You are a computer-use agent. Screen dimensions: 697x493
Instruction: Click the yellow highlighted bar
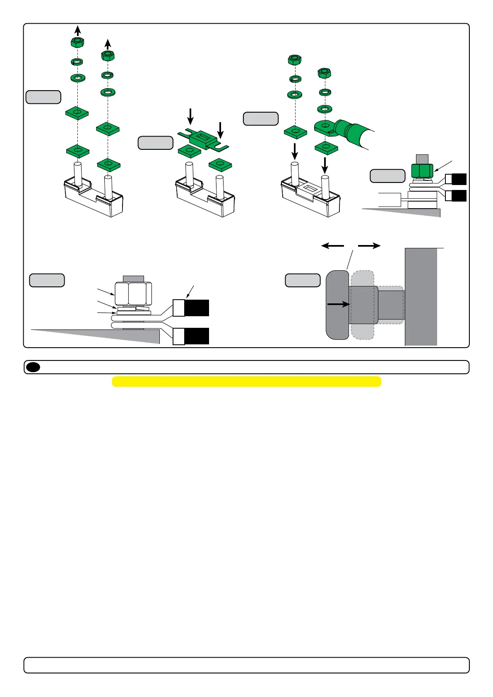tap(246, 381)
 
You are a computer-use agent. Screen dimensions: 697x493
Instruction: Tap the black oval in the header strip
tap(33, 367)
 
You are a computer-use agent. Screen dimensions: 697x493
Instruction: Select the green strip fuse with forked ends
tap(203, 139)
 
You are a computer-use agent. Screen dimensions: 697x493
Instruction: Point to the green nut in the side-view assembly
tap(422, 171)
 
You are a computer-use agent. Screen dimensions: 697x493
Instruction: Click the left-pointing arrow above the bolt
tap(332, 246)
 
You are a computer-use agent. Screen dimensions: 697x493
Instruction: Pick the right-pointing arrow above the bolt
tap(369, 246)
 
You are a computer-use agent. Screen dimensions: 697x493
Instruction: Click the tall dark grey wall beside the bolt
tap(421, 296)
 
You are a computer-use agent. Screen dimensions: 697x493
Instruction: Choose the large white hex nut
tap(133, 293)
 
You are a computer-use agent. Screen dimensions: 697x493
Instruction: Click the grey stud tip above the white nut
tap(133, 279)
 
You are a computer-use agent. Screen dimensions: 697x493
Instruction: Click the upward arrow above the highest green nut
tap(77, 30)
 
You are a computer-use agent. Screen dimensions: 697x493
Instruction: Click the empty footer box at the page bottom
tap(246, 665)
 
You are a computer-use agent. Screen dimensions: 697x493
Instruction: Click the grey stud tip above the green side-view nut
tap(422, 159)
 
